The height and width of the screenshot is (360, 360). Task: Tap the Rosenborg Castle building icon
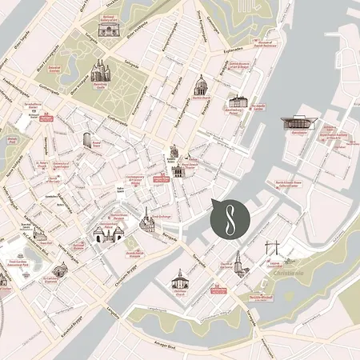point(99,73)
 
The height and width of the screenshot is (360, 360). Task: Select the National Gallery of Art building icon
point(107,29)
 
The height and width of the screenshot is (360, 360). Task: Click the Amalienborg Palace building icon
point(238,102)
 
